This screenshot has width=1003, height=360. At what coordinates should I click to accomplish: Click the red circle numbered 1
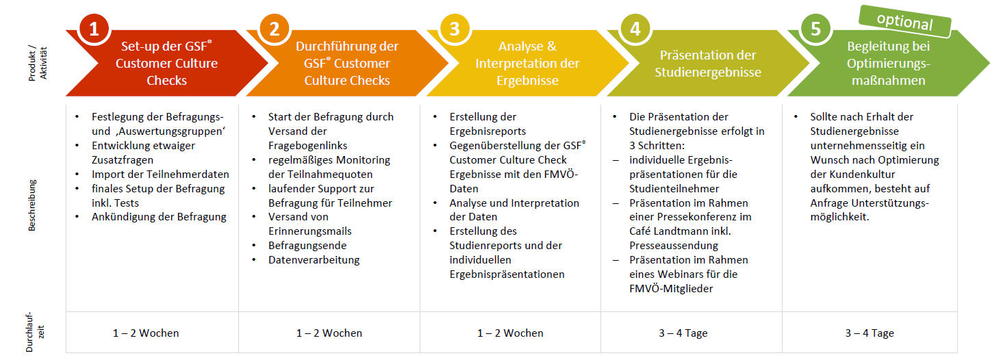[x=94, y=29]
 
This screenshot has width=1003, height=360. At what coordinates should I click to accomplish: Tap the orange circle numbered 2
[x=275, y=29]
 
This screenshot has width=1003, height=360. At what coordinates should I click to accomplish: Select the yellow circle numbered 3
[x=455, y=29]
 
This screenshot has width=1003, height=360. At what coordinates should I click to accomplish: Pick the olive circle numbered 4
[x=635, y=29]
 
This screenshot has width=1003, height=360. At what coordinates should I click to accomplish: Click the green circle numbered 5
[x=816, y=29]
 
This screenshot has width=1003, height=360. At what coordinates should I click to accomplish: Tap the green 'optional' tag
[x=905, y=21]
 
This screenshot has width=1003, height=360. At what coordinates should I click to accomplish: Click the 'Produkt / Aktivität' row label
[x=38, y=63]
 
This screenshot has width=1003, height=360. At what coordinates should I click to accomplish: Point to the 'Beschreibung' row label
[x=31, y=205]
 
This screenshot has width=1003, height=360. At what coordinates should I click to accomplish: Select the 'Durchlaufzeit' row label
[x=35, y=332]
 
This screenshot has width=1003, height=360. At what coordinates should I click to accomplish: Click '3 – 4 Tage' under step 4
[x=683, y=333]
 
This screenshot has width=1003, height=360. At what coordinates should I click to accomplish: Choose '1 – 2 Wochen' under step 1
[x=146, y=333]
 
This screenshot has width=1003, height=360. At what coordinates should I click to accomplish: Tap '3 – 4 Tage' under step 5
[x=869, y=333]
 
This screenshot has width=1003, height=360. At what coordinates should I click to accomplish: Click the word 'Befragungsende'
[x=307, y=246]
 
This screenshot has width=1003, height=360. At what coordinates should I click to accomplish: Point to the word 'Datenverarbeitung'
[x=314, y=260]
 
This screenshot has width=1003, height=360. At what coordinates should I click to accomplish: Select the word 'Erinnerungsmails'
[x=310, y=231]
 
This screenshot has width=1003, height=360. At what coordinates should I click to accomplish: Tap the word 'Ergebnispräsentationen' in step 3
[x=507, y=274]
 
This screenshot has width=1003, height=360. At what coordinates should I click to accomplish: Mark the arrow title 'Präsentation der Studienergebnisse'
[x=708, y=64]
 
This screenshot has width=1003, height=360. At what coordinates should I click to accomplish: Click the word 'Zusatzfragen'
[x=123, y=160]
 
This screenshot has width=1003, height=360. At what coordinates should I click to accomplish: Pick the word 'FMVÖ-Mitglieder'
[x=671, y=289]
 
